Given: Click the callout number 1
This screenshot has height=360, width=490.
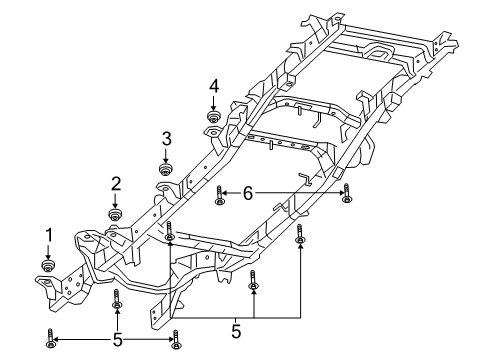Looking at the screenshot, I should (x=47, y=235).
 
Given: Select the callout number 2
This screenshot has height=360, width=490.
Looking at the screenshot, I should (x=116, y=183).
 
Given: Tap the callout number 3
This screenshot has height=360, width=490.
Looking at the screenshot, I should (x=167, y=138).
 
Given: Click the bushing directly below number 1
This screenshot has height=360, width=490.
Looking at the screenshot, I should (x=47, y=265).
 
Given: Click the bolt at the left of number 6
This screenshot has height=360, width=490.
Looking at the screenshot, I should (x=219, y=196).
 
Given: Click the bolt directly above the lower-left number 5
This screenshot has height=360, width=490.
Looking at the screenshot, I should (x=117, y=300).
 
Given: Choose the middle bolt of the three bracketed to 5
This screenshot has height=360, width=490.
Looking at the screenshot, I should (x=254, y=282).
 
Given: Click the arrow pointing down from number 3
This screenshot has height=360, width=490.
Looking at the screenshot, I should (x=167, y=153).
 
